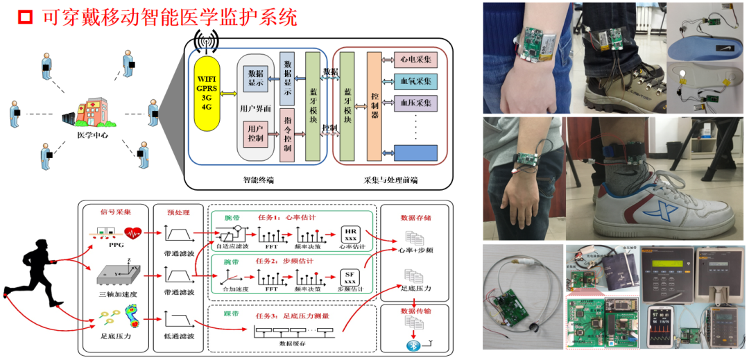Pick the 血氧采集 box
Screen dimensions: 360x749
(415, 82)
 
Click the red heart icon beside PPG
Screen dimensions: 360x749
(132, 232)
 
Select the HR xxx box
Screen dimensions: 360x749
(350, 234)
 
